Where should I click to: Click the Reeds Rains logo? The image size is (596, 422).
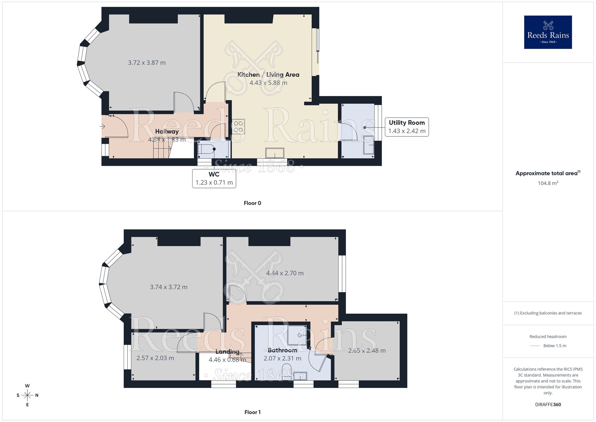[548, 32]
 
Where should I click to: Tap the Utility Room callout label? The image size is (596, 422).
[406, 127]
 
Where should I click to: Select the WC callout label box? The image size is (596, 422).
[214, 178]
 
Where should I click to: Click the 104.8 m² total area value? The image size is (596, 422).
[548, 183]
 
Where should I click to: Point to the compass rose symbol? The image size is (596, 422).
[27, 395]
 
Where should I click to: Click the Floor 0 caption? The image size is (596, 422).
[252, 203]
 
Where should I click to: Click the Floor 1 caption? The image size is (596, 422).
[252, 412]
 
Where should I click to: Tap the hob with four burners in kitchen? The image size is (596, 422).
[238, 127]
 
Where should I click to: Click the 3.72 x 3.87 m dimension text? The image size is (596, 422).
[147, 63]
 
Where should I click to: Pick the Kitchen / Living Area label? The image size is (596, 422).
[268, 75]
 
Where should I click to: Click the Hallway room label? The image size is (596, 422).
[167, 131]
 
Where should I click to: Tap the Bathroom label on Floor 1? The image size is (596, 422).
[282, 350]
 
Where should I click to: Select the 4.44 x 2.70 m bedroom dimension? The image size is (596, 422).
[285, 273]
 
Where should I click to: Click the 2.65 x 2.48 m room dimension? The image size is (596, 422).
[367, 351]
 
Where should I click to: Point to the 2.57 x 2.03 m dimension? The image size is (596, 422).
[155, 358]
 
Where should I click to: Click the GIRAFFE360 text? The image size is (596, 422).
[548, 405]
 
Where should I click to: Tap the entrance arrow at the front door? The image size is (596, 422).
[103, 127]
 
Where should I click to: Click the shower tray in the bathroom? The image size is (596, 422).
[297, 335]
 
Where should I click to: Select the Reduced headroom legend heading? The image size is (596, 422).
[548, 337]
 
